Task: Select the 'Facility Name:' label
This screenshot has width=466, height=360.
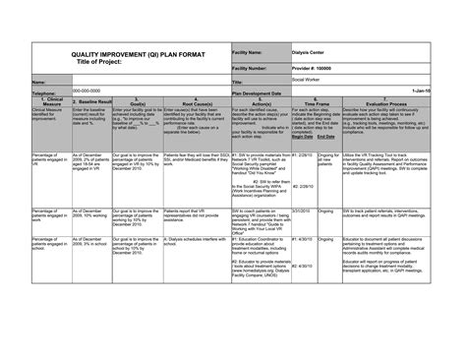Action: point(252,51)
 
